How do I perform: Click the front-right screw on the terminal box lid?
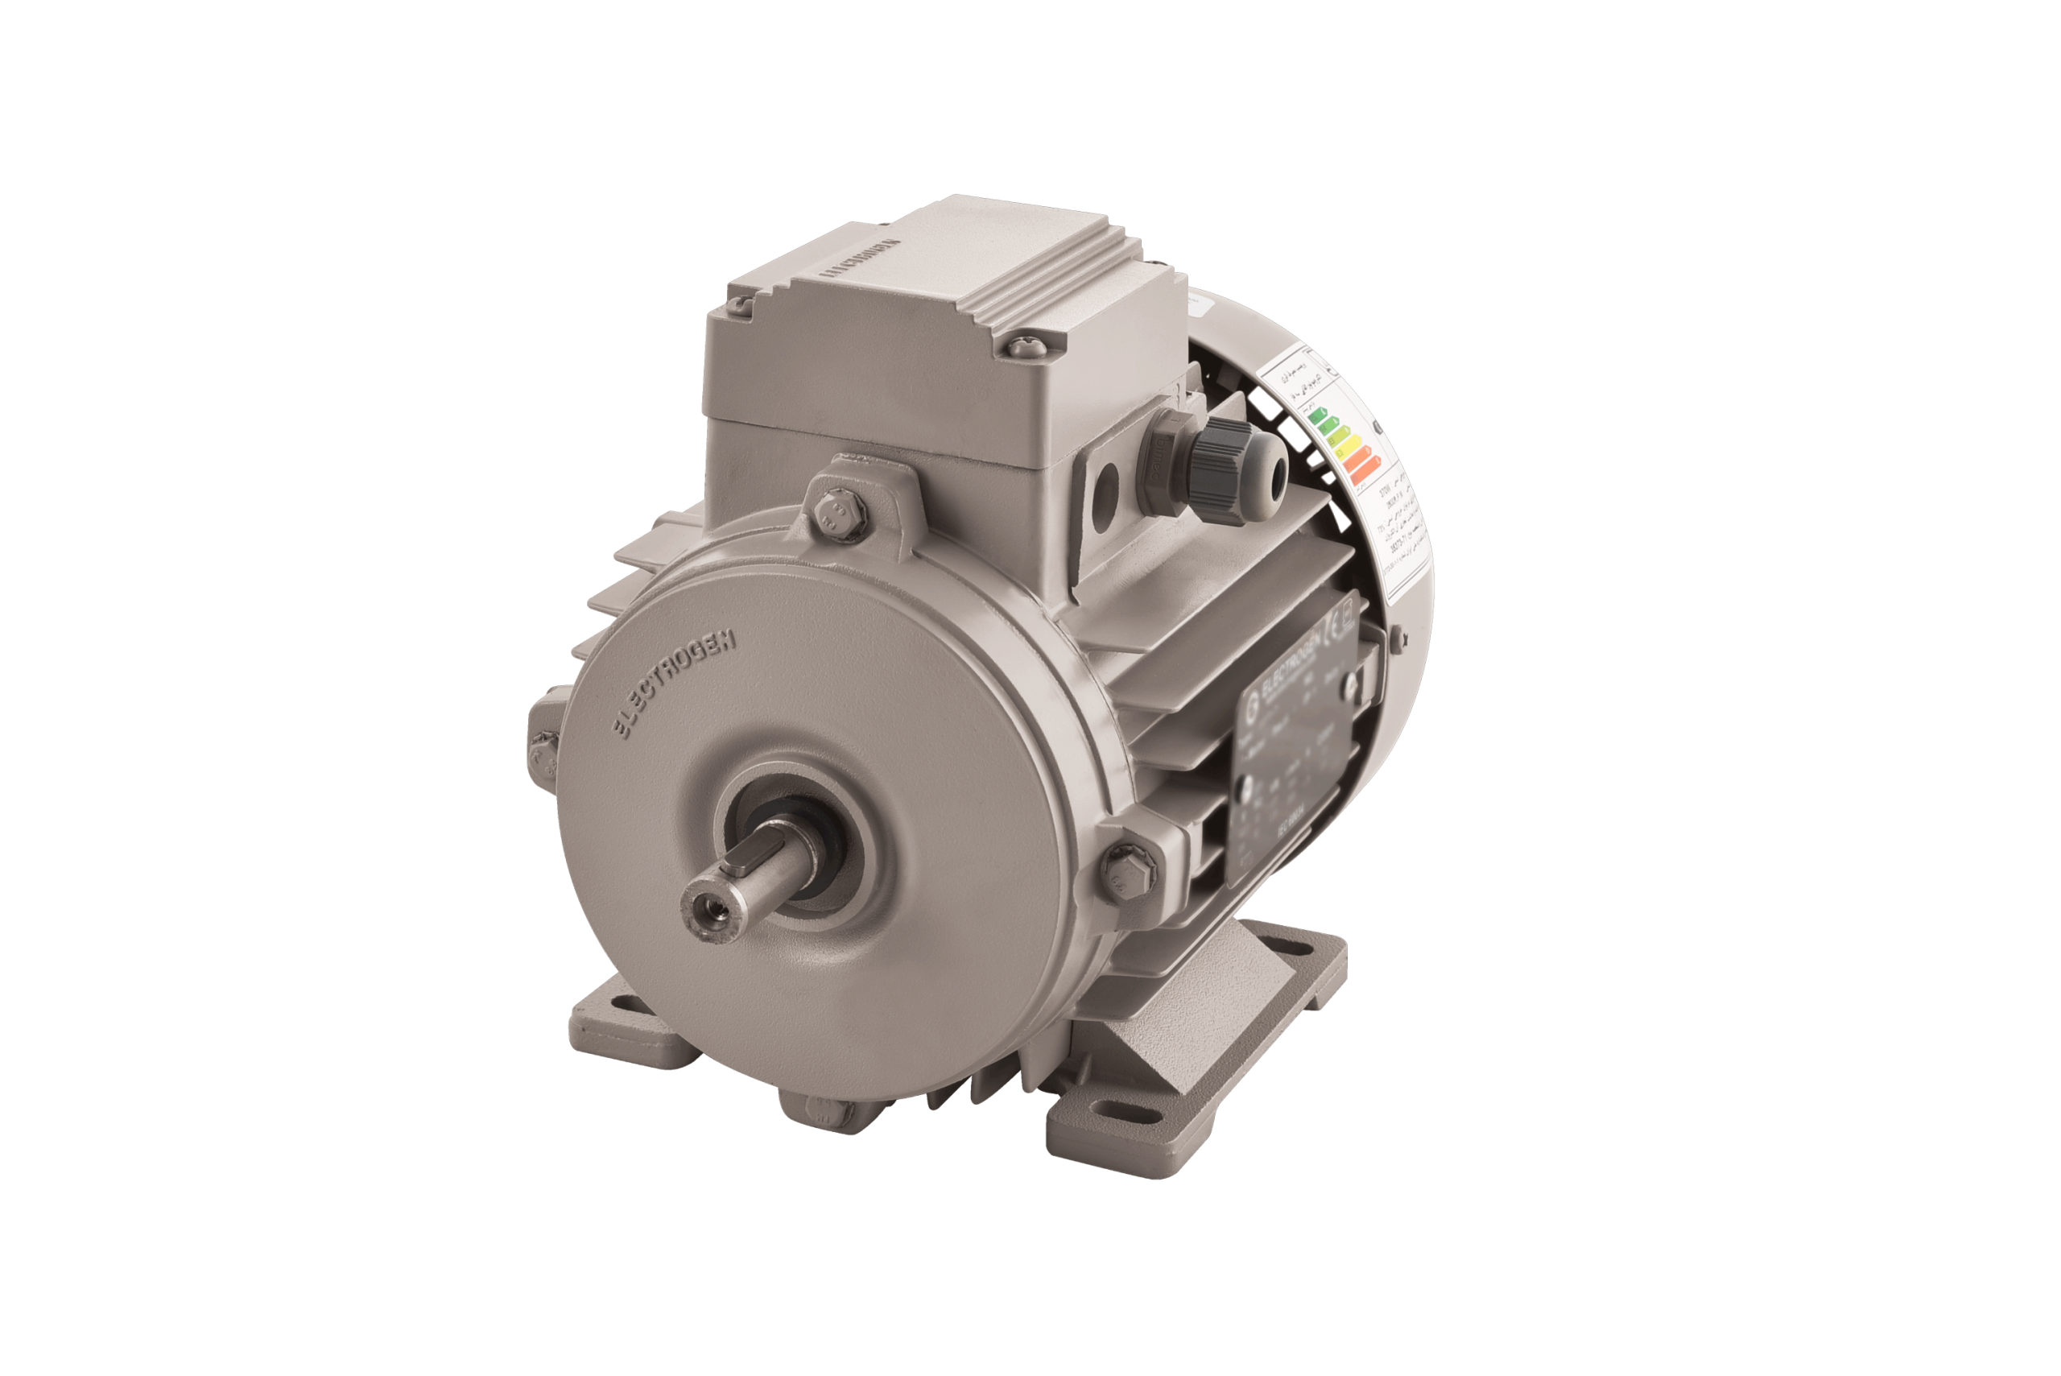coord(1023,344)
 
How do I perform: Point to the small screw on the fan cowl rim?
coord(1395,634)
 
